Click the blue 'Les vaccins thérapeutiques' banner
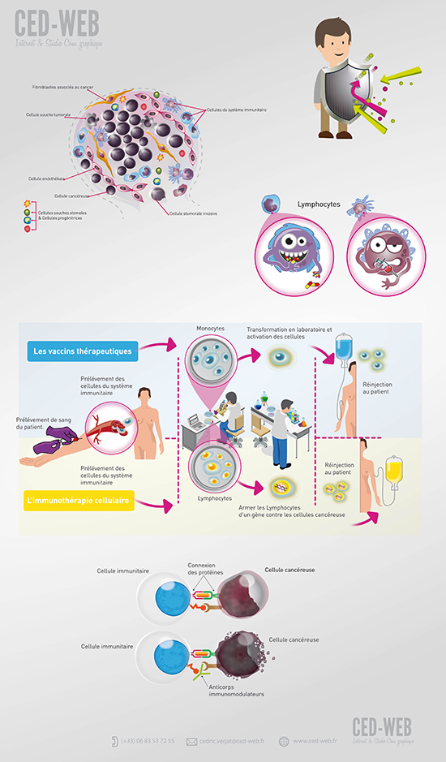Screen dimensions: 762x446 (82, 352)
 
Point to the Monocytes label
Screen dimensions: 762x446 (210, 329)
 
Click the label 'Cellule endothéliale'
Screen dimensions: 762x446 (47, 178)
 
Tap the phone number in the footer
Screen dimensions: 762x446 (147, 741)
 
